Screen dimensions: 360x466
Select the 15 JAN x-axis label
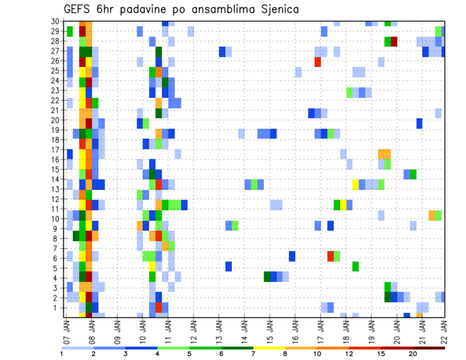click(x=270, y=328)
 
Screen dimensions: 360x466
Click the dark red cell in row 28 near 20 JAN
click(x=394, y=41)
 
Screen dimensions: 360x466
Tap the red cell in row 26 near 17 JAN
click(x=317, y=62)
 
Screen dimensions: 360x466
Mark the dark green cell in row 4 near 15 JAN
click(x=267, y=277)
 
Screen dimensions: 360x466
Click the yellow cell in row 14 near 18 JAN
click(x=355, y=184)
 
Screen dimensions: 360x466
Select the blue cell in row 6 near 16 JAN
click(x=292, y=256)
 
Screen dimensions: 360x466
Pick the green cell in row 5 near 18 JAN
click(x=355, y=266)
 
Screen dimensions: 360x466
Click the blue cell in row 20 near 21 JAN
click(x=419, y=123)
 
